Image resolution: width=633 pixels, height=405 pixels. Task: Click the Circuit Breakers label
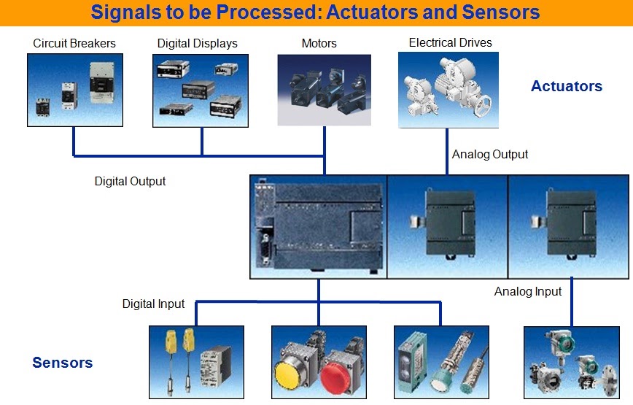74,43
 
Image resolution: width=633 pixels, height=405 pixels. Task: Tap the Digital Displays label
198,44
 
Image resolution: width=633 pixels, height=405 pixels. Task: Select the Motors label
319,43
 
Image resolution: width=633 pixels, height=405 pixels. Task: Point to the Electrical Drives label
450,42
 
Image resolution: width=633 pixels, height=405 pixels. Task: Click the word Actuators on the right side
567,86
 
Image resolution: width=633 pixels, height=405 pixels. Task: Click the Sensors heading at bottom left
63,363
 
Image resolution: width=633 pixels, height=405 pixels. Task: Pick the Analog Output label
489,154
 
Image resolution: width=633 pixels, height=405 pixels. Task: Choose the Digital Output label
130,181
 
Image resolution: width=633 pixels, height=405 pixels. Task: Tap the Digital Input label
153,304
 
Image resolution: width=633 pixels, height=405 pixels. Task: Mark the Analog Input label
528,291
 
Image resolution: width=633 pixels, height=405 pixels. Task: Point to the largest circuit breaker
101,82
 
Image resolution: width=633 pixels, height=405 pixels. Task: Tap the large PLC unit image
319,227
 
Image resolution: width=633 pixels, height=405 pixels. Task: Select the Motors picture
325,90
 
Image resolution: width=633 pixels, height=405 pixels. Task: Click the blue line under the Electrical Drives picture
447,152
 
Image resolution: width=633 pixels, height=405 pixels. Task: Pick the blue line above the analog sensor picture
572,302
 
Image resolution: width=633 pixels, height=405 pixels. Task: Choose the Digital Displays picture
201,91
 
